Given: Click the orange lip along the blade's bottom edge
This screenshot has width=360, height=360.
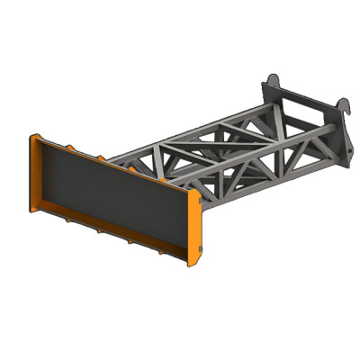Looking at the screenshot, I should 108,236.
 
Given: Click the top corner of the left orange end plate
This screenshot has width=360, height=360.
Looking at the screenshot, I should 34,136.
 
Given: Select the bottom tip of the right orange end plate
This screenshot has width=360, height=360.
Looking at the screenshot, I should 190,265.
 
